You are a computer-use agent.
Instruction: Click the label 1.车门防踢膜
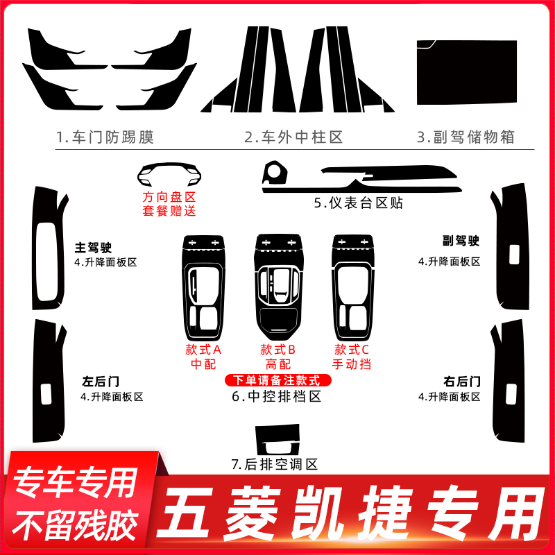(x=104, y=137)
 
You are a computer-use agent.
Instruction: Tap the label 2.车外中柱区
(x=293, y=137)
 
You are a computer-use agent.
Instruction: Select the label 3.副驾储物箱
(x=466, y=137)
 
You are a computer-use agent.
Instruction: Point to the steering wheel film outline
(x=169, y=172)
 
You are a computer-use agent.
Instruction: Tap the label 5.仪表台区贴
(x=358, y=203)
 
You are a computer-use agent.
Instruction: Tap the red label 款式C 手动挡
(x=351, y=357)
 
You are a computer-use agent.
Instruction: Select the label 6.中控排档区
(x=277, y=398)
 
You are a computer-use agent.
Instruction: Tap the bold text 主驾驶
(x=94, y=246)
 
